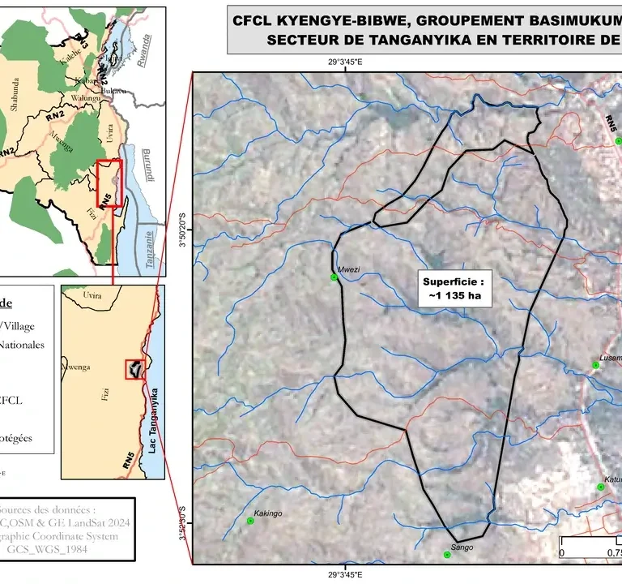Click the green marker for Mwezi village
point(334,277)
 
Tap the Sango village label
point(462,547)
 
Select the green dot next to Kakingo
point(249,522)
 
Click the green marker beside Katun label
point(601,487)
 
